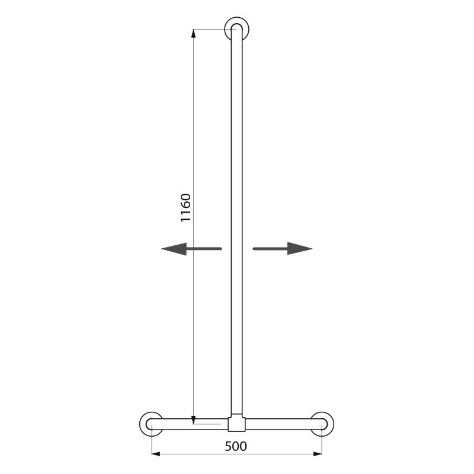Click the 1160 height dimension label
186,208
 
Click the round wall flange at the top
236,29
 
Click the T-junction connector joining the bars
236,422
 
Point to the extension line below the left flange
152,441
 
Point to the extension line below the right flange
322,441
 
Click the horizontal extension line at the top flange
210,29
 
